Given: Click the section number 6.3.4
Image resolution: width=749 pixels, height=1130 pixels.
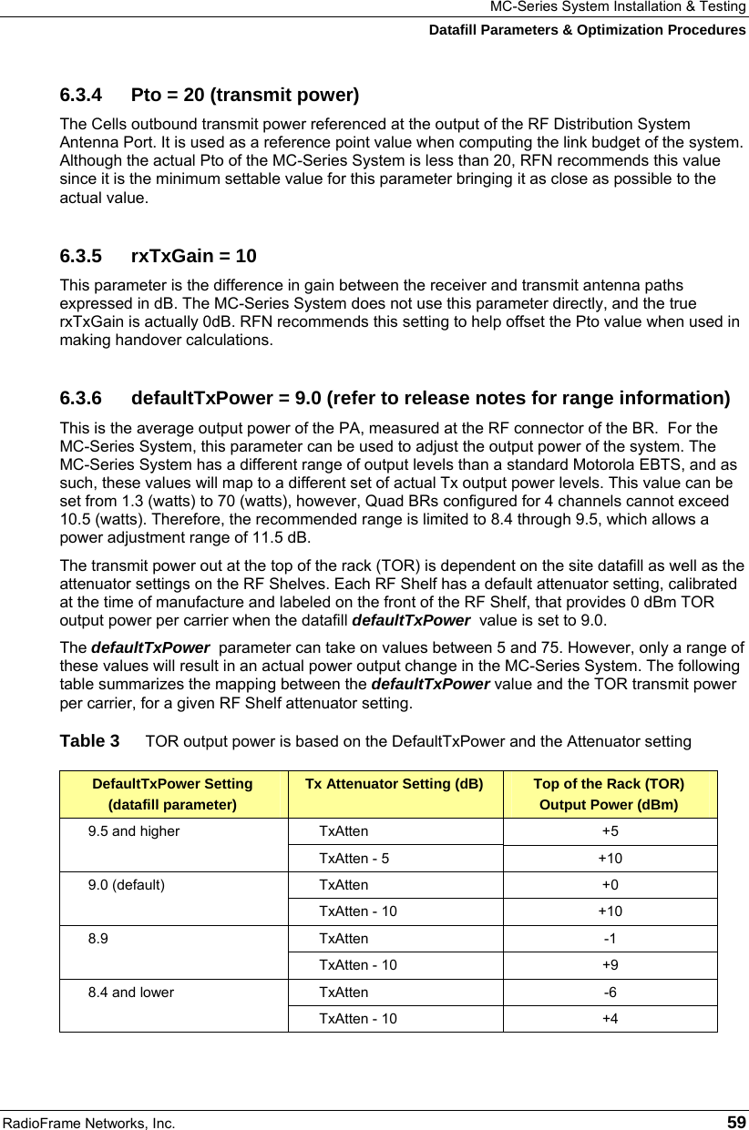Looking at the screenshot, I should [x=84, y=95].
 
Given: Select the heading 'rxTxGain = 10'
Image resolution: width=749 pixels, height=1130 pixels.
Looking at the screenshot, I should [x=194, y=256].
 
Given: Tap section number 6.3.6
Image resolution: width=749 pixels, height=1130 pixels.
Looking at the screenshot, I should [x=84, y=399].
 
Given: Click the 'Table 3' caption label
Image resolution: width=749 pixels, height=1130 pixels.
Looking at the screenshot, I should [x=88, y=741].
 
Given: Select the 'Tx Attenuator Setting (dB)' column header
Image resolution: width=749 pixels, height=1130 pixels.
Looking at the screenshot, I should [x=394, y=784].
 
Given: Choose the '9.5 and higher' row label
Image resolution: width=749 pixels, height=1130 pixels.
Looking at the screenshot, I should [x=134, y=831].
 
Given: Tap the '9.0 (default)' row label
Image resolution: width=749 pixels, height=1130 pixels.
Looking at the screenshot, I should [x=127, y=885].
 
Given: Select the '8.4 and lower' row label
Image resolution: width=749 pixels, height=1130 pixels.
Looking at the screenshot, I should [x=130, y=993].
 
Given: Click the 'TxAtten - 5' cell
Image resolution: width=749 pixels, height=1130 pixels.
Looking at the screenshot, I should [x=354, y=858].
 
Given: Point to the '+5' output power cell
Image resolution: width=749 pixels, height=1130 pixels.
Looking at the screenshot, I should [x=610, y=831].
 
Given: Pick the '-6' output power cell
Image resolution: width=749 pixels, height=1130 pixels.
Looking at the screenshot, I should [x=610, y=993].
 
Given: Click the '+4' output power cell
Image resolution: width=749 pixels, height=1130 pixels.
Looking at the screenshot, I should [x=610, y=1019].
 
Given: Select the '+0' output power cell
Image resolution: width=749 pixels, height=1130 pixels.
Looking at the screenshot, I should [x=610, y=885].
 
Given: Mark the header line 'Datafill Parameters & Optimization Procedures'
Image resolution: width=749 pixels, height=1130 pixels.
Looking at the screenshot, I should [x=587, y=30].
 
